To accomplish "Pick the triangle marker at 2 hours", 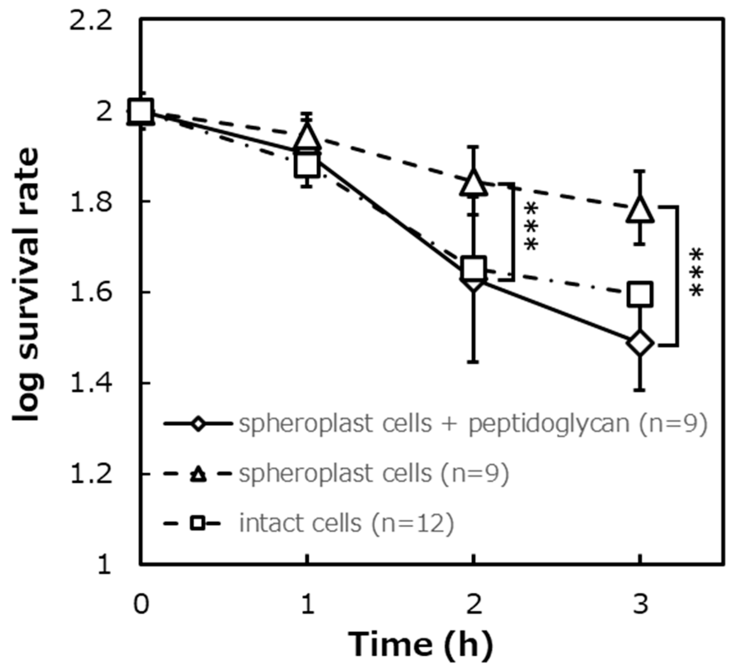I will [x=473, y=183].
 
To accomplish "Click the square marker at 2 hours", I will [x=473, y=268].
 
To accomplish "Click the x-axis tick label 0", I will [x=141, y=605].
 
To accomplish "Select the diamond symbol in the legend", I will [x=198, y=424].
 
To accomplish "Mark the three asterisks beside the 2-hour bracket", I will [x=531, y=228].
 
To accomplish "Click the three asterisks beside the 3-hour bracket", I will [x=697, y=274].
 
